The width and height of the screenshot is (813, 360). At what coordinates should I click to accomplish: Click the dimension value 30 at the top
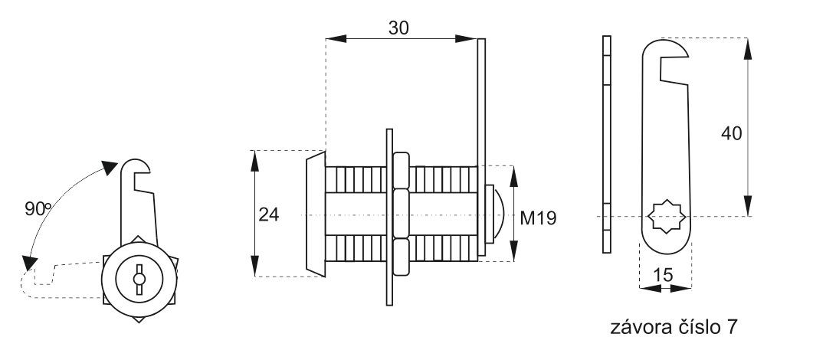pos(398,28)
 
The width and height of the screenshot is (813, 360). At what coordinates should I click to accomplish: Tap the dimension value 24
pos(269,214)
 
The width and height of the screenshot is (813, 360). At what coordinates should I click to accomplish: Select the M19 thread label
pos(538,218)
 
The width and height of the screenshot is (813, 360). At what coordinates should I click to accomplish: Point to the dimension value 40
pos(732,133)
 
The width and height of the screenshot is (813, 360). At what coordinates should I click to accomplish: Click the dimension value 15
pos(663,274)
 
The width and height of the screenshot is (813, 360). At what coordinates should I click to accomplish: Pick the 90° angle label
pos(38,209)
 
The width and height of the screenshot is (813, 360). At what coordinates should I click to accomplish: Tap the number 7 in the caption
pos(731,327)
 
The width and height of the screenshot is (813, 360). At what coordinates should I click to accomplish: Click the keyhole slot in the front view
pos(139,280)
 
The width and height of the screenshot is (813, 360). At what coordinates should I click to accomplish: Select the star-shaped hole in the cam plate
pos(668,217)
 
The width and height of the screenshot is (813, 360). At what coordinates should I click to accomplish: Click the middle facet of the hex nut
pos(401,214)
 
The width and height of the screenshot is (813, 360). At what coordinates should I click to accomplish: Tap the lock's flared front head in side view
pos(316,214)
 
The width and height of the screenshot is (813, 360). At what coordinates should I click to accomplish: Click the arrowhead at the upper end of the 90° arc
pos(110,168)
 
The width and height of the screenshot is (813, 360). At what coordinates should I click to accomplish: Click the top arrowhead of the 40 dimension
pos(747,48)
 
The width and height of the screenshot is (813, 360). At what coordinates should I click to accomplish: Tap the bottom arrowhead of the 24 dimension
pos(254,266)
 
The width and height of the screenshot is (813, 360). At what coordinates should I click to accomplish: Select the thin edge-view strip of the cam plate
pos(607,145)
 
